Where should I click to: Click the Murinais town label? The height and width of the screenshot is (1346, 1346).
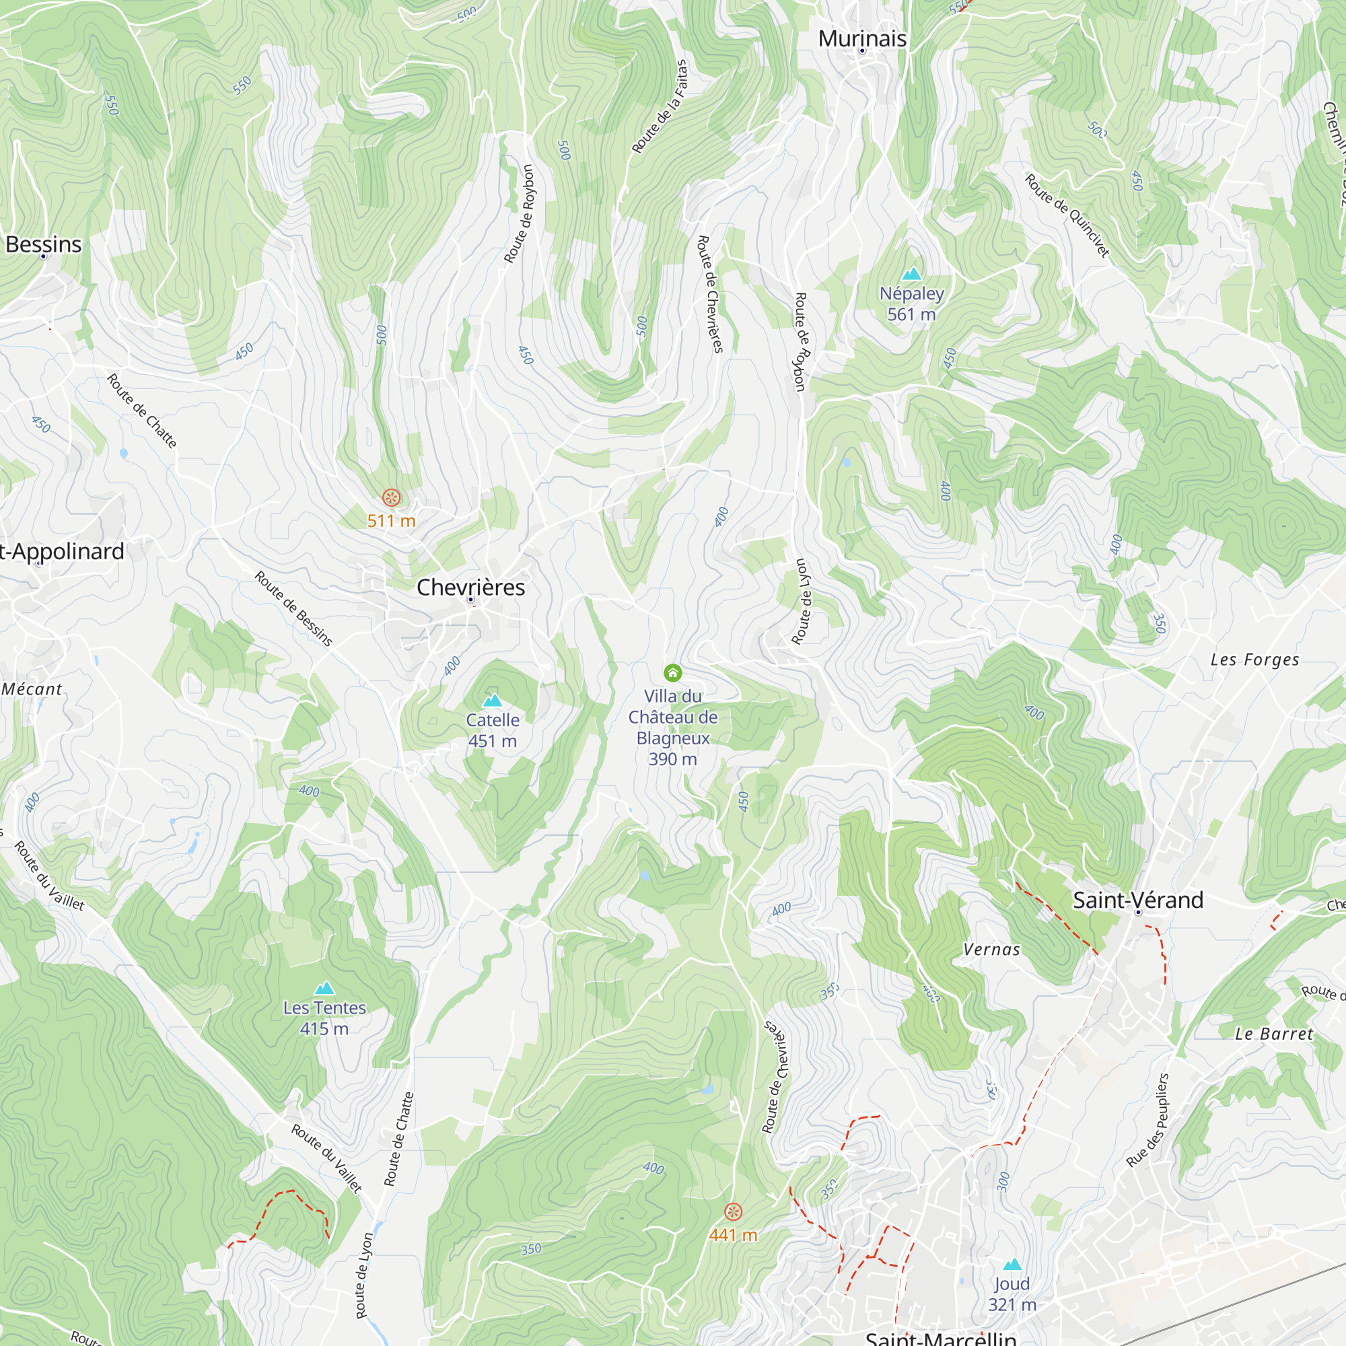pos(862,39)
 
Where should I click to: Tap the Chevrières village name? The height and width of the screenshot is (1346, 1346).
pos(470,588)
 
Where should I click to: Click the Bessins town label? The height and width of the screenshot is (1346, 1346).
pos(43,244)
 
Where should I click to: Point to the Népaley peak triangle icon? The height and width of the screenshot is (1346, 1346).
pos(911,274)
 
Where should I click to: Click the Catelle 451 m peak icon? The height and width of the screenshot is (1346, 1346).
pos(493,700)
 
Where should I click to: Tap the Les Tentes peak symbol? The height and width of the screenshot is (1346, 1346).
pos(324,988)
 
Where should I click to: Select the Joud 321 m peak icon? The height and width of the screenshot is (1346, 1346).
pos(1012,1264)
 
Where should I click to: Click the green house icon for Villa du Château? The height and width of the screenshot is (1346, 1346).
pos(672,672)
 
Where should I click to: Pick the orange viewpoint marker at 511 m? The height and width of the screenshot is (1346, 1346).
pos(392,497)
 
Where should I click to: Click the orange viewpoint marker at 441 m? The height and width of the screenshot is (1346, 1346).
pos(733,1211)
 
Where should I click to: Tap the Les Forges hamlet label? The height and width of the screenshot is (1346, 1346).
pos(1254,660)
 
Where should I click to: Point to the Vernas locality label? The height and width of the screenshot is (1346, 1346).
pos(991,950)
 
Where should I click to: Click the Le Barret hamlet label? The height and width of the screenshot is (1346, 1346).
pos(1273,1034)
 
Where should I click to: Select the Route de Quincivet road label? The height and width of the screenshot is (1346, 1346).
pos(1067,215)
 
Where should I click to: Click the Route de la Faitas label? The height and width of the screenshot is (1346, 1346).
pos(659,106)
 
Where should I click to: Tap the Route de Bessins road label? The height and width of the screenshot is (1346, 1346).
pos(293,608)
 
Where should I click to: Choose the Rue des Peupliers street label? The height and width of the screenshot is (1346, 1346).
pos(1147,1121)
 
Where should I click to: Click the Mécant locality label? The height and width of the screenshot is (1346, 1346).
pos(32,690)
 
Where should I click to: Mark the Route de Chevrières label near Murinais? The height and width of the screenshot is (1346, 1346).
pos(711,294)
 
